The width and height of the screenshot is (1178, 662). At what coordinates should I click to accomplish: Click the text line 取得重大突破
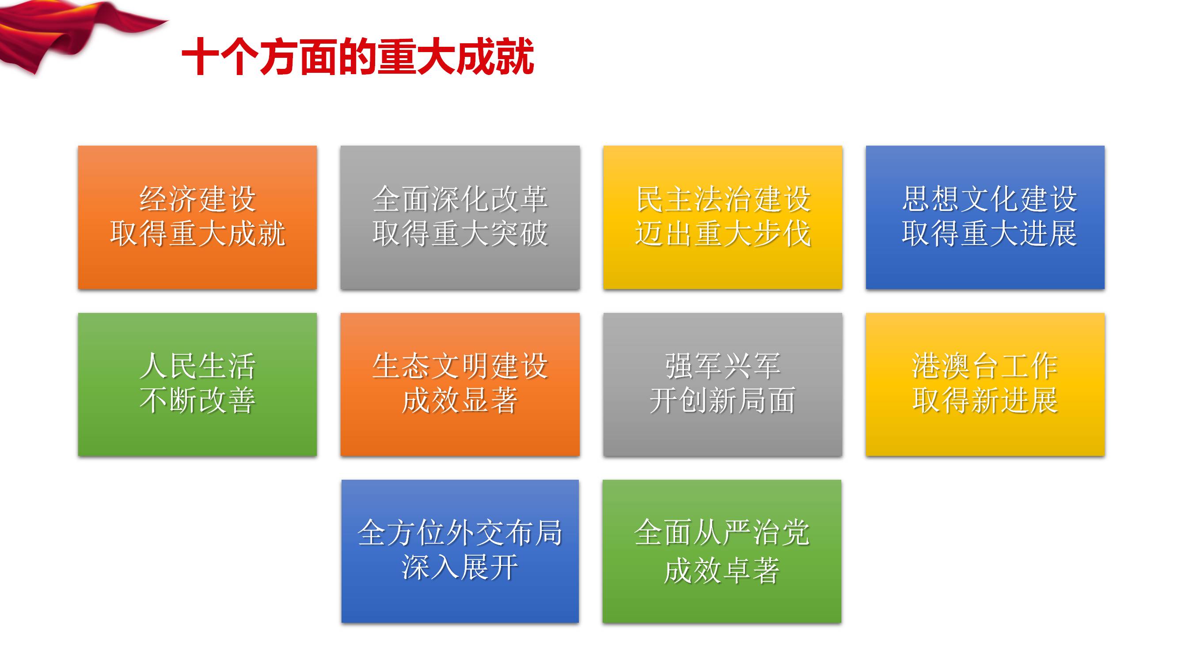[460, 234]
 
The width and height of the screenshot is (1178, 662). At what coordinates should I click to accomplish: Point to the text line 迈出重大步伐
[722, 234]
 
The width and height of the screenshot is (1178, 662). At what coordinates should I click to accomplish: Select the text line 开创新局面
[722, 401]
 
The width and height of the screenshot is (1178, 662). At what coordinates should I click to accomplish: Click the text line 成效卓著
[722, 571]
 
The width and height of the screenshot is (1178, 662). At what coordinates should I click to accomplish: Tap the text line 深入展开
[460, 568]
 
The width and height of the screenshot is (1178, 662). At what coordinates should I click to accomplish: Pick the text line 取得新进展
[985, 401]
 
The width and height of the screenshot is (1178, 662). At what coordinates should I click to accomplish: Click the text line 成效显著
[460, 401]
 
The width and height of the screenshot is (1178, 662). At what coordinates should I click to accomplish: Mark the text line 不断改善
[198, 401]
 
